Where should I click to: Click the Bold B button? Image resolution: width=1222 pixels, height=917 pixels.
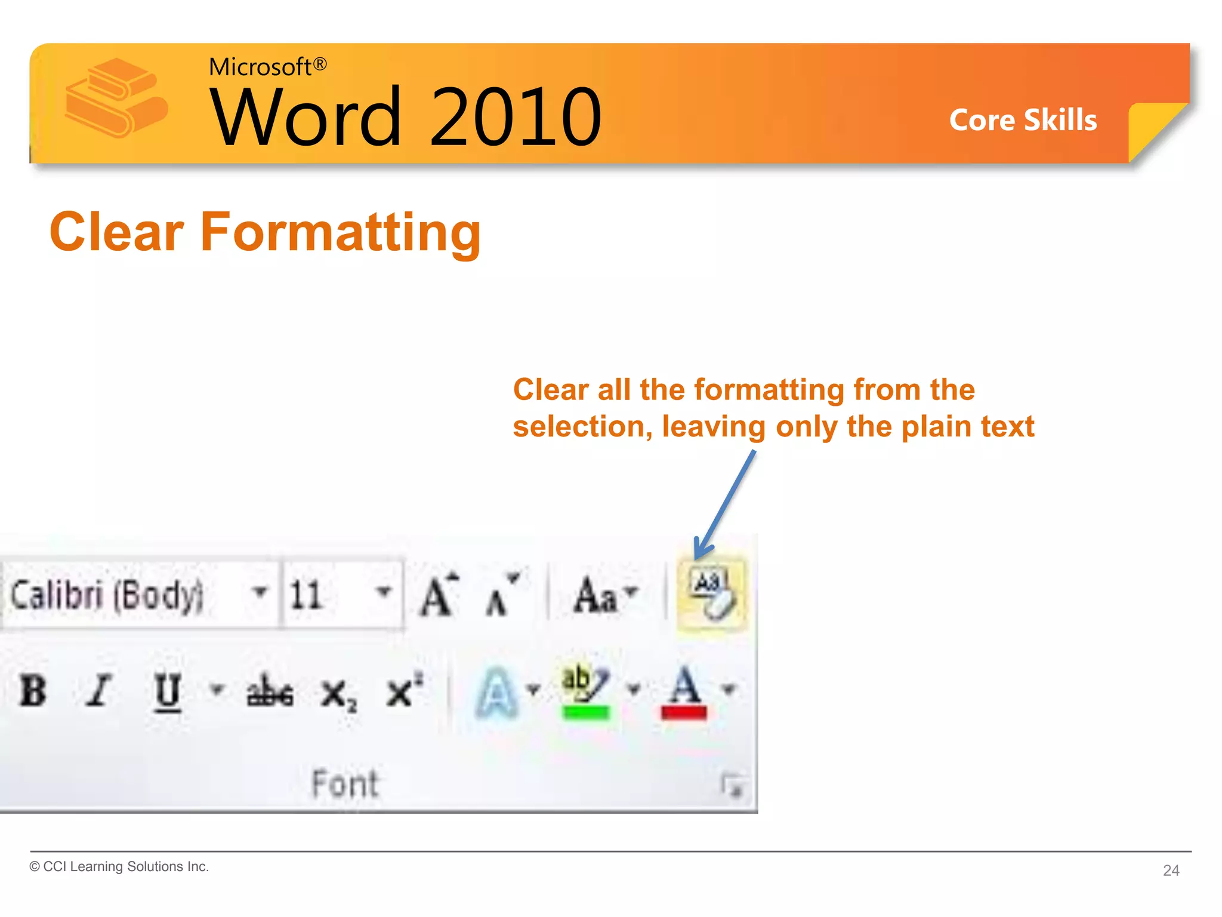pyautogui.click(x=33, y=691)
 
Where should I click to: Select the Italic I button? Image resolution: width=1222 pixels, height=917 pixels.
pyautogui.click(x=98, y=691)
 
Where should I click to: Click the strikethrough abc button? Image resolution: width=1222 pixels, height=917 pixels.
pyautogui.click(x=270, y=693)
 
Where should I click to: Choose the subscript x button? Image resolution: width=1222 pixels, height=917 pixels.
pyautogui.click(x=338, y=694)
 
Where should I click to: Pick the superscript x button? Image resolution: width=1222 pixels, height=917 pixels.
pyautogui.click(x=403, y=691)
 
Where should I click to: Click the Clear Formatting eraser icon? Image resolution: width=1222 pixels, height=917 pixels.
pyautogui.click(x=711, y=593)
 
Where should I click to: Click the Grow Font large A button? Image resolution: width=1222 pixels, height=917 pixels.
pyautogui.click(x=439, y=595)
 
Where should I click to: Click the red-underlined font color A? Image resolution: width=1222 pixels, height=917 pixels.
pyautogui.click(x=684, y=693)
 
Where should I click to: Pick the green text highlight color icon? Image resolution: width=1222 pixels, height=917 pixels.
pyautogui.click(x=585, y=693)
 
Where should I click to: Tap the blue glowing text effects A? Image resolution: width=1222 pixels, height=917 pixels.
pyautogui.click(x=496, y=693)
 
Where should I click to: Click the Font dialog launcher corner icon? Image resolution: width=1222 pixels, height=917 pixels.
pyautogui.click(x=732, y=784)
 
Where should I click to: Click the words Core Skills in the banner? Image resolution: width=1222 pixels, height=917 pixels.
pyautogui.click(x=1023, y=120)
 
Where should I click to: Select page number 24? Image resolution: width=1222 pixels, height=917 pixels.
pyautogui.click(x=1171, y=870)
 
